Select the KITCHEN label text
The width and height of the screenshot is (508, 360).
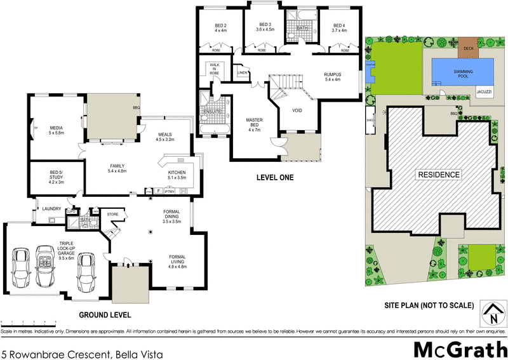(x=177, y=175)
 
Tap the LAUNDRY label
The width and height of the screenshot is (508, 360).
(x=51, y=208)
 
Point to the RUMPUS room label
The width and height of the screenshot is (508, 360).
(x=332, y=77)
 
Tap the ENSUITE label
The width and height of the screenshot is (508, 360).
(x=211, y=112)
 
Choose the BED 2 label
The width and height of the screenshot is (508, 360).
(x=220, y=27)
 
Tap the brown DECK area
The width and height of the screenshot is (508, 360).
(x=469, y=48)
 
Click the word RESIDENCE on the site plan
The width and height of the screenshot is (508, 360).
(x=438, y=174)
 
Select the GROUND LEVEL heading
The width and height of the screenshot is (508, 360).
(x=104, y=315)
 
